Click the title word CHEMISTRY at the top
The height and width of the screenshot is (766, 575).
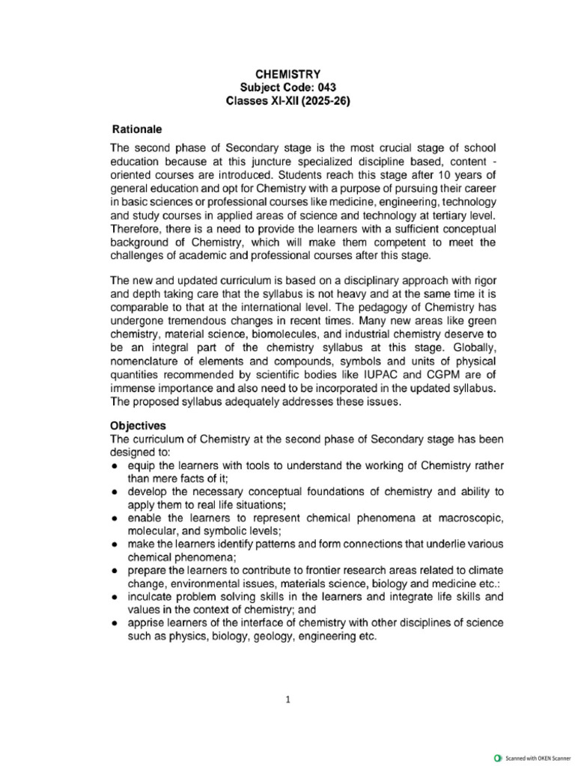point(289,74)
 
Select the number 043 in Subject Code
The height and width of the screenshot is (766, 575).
point(324,87)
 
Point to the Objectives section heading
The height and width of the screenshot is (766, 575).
point(139,425)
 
